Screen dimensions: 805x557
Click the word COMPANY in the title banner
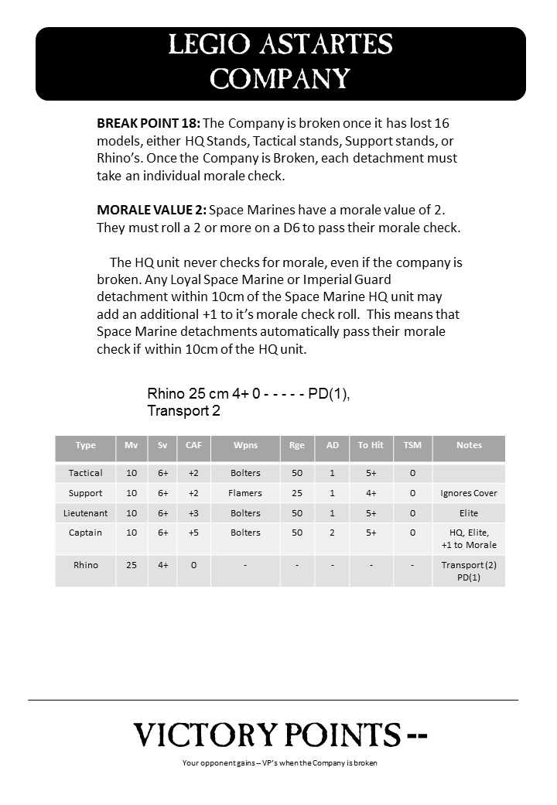pyautogui.click(x=280, y=78)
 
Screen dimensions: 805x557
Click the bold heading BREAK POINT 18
pyautogui.click(x=149, y=123)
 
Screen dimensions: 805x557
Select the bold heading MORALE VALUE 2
pyautogui.click(x=152, y=210)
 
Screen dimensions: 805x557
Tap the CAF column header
pyautogui.click(x=193, y=445)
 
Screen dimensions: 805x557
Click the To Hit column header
pyautogui.click(x=371, y=445)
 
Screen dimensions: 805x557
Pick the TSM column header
pyautogui.click(x=412, y=445)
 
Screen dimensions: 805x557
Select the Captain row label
pyautogui.click(x=85, y=533)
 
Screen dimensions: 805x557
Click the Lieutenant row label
pyautogui.click(x=85, y=512)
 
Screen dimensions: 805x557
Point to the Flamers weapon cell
pyautogui.click(x=245, y=493)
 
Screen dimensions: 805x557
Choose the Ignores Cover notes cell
pyautogui.click(x=469, y=493)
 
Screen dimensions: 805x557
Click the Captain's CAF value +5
pyautogui.click(x=193, y=533)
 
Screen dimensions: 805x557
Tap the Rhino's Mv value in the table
pyautogui.click(x=132, y=565)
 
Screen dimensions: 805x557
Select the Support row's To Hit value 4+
pyautogui.click(x=371, y=493)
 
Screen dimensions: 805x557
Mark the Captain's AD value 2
pyautogui.click(x=332, y=533)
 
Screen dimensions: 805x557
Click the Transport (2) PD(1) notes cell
pyautogui.click(x=469, y=571)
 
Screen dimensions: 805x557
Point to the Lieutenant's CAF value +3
pyautogui.click(x=193, y=512)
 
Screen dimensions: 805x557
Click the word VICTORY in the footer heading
pyautogui.click(x=206, y=735)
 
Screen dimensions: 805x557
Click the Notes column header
pyautogui.click(x=469, y=445)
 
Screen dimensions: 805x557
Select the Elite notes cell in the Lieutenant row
pyautogui.click(x=469, y=512)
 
